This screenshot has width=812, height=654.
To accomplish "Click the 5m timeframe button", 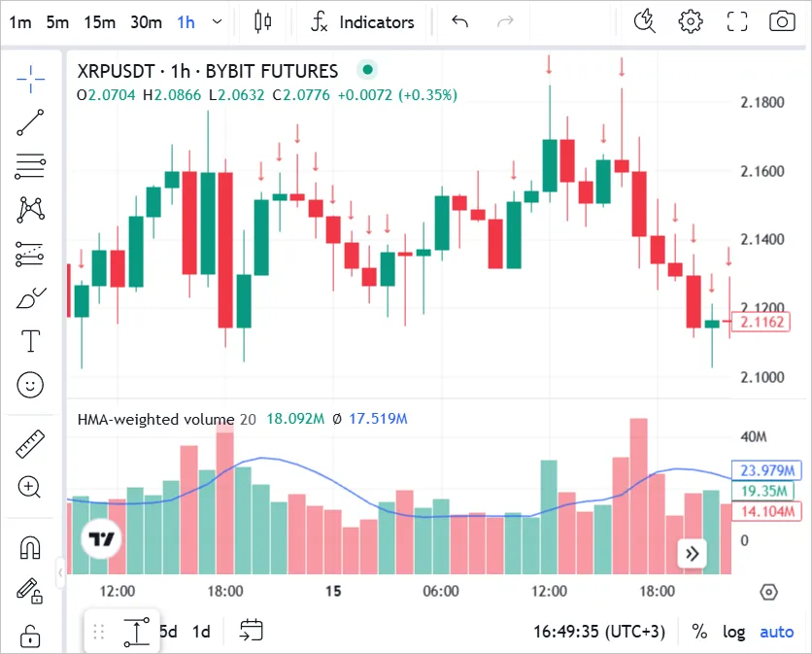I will [x=57, y=21].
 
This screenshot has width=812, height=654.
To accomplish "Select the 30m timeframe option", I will [x=146, y=21].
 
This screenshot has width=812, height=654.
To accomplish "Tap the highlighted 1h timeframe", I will [x=186, y=21].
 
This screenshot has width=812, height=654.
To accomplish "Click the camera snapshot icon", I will [x=781, y=21].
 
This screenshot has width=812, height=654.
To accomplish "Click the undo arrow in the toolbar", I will [x=460, y=21].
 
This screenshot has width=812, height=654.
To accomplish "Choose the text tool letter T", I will [x=31, y=341].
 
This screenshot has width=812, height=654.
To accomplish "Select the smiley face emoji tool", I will [x=31, y=385].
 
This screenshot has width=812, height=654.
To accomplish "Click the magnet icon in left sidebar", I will [x=31, y=548].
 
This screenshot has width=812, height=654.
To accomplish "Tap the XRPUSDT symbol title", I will [x=208, y=71].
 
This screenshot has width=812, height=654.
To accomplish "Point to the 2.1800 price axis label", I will [x=761, y=103].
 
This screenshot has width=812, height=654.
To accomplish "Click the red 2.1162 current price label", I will [x=761, y=322].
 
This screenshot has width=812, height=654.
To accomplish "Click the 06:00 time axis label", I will [x=441, y=591].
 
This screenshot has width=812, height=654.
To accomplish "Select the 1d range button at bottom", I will [x=201, y=632].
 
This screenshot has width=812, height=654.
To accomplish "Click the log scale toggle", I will [x=734, y=632].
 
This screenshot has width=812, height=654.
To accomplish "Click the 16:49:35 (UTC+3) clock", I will [x=598, y=632].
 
